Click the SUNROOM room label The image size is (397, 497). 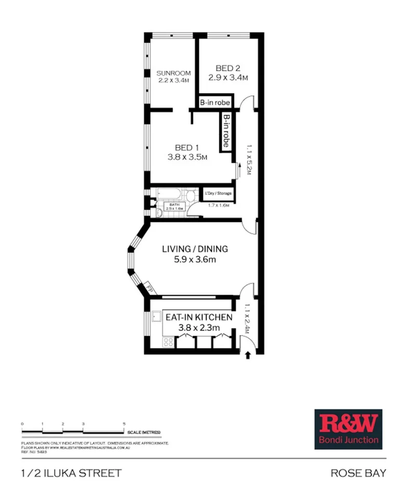click(173, 73)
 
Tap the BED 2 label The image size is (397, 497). click(228, 68)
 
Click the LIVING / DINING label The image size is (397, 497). click(195, 249)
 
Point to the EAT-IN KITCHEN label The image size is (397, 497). click(198, 316)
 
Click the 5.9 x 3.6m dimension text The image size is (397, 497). click(195, 260)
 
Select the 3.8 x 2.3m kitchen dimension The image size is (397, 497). click(198, 327)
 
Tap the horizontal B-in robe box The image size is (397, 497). click(215, 103)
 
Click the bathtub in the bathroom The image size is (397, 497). click(169, 195)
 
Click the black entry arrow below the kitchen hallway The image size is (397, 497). click(248, 355)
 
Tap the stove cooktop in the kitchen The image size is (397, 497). click(168, 342)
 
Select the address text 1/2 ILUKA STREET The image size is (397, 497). click(71, 473)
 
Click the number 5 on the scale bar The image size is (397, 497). click(124, 424)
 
